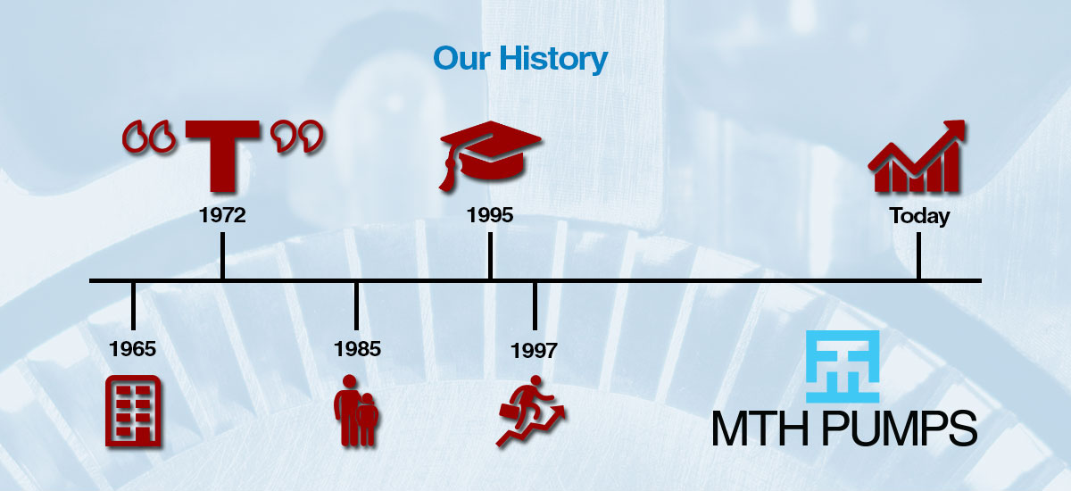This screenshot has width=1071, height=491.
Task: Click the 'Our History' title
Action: coord(520,60)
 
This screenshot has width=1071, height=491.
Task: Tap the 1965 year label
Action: coord(133,348)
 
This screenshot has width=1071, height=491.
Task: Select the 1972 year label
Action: coord(222,215)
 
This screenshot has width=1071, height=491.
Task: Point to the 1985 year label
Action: coord(357,348)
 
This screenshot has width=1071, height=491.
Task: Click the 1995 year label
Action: coord(490,215)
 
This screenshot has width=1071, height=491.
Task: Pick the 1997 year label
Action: coord(534,351)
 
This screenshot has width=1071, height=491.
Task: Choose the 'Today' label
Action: coord(919,216)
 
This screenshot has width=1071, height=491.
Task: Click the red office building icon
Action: coord(133,410)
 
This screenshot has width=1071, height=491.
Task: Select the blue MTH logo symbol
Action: coord(843,366)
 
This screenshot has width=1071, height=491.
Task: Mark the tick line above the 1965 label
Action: coord(133,304)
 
